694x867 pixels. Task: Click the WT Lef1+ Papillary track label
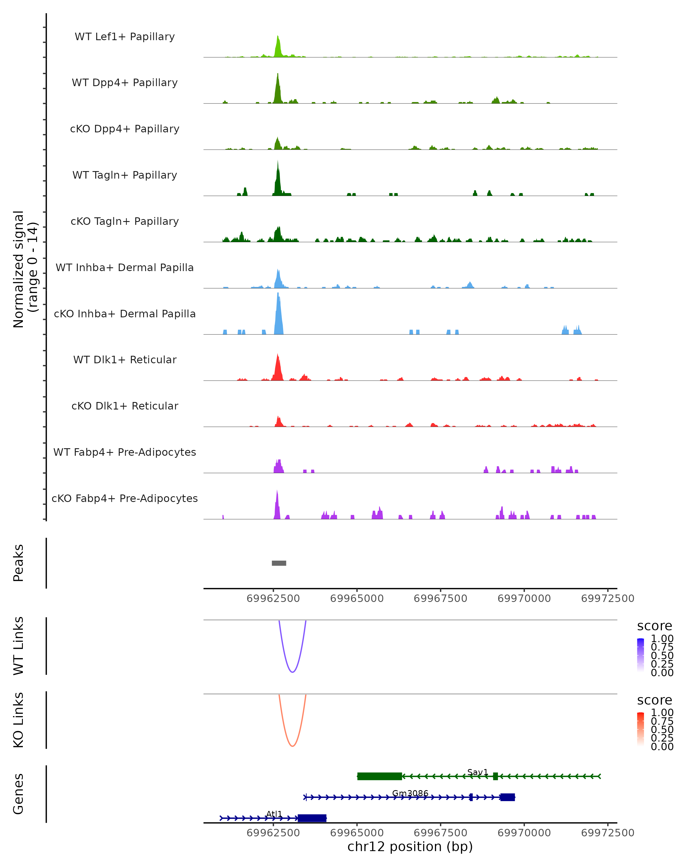(125, 37)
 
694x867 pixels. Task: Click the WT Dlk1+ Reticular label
(125, 360)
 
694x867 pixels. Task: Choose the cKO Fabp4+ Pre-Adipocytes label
(125, 498)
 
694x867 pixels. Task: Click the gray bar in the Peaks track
(279, 563)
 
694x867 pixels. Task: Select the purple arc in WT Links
(292, 672)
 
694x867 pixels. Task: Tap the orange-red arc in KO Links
(292, 746)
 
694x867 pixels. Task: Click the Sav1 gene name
(477, 772)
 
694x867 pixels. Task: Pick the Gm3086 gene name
(410, 793)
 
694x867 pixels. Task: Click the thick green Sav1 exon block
(379, 776)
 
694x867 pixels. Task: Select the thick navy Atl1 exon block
(312, 818)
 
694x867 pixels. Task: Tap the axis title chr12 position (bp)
(410, 847)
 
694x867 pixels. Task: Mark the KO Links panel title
(19, 720)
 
